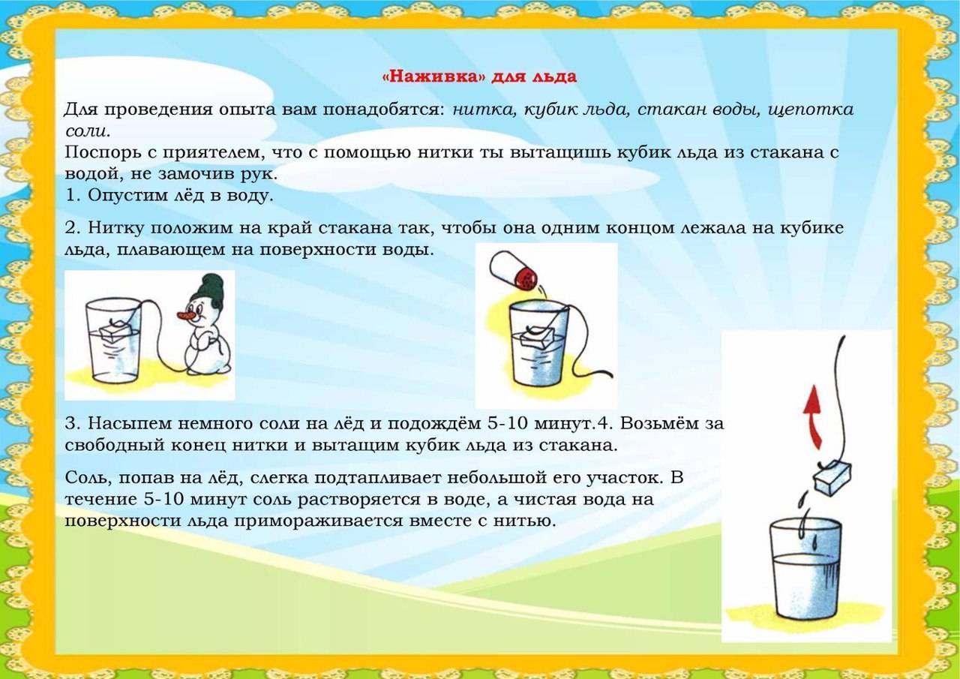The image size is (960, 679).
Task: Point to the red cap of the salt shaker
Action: click(x=526, y=278)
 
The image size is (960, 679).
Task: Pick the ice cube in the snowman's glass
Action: click(x=117, y=331)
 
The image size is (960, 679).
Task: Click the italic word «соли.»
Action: click(x=88, y=131)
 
